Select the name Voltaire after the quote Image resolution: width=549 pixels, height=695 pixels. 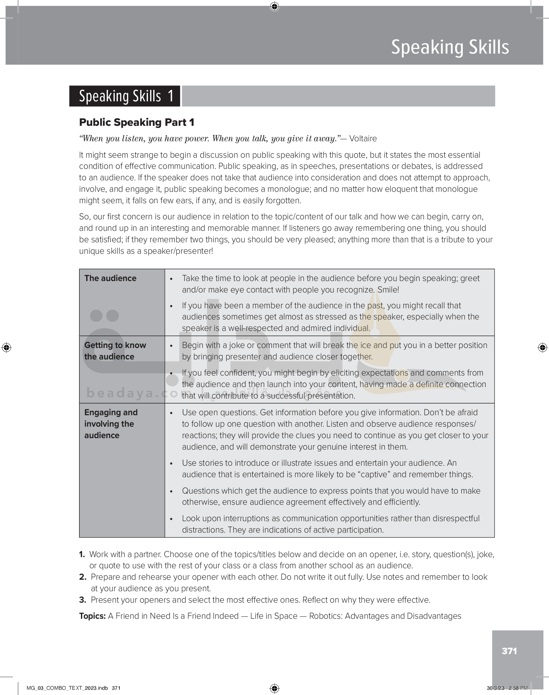[x=363, y=139]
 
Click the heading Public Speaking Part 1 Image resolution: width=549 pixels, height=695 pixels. [x=136, y=122]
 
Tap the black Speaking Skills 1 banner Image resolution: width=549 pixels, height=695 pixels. [x=125, y=96]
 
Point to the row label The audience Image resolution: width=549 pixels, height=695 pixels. [x=110, y=278]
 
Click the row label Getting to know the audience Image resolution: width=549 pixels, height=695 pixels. [x=115, y=351]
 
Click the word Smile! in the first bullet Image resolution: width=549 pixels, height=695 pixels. [x=388, y=290]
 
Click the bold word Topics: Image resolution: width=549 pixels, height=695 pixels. [x=92, y=616]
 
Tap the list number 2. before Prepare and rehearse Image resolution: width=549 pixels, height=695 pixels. [x=83, y=577]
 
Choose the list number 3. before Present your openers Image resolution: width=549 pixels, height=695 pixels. [x=83, y=600]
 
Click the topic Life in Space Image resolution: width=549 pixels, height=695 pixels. [x=274, y=616]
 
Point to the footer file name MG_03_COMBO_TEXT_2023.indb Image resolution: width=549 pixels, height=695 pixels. [x=67, y=688]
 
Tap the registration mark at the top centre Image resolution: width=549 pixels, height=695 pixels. [x=274, y=7]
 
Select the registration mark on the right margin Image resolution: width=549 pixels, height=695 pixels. [x=542, y=347]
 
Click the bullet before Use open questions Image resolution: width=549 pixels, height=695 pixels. [x=171, y=413]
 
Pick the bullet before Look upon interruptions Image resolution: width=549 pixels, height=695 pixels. [x=171, y=519]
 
